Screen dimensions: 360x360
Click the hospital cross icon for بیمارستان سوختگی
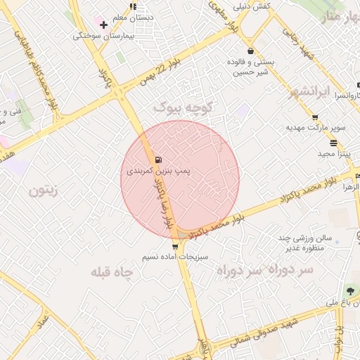click(x=104, y=24)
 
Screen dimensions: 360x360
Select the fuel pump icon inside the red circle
click(x=157, y=159)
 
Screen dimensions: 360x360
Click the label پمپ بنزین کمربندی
click(x=158, y=171)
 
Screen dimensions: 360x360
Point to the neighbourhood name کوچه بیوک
click(x=183, y=107)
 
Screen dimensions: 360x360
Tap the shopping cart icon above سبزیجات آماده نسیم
click(x=175, y=246)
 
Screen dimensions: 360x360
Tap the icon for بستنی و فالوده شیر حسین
click(x=251, y=51)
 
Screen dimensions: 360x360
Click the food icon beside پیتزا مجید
click(x=314, y=141)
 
